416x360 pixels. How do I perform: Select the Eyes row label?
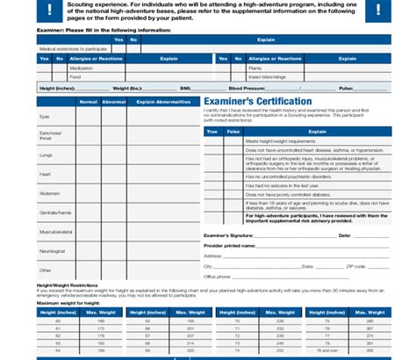45,117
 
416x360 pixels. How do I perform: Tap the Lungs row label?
47,155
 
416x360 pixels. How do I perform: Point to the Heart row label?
46,174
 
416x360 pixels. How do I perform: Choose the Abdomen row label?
49,193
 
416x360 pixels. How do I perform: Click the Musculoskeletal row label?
54,232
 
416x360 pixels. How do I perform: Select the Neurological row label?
52,251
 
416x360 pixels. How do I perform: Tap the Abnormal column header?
114,102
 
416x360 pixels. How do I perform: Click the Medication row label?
81,68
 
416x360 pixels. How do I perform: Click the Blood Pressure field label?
247,89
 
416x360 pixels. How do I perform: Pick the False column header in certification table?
233,131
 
